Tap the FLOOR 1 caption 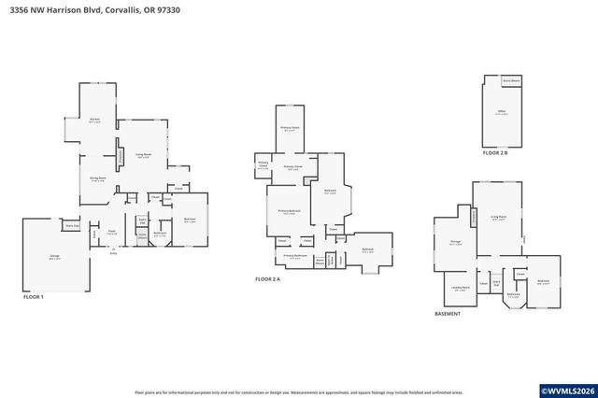[35, 296]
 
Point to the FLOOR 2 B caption [495, 151]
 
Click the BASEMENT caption [448, 314]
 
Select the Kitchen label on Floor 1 [94, 120]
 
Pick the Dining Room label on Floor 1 [97, 178]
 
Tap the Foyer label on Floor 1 [110, 232]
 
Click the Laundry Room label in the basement [459, 288]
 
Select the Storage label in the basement [455, 241]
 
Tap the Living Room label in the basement [499, 216]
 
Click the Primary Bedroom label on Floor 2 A [288, 212]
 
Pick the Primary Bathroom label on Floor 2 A [295, 255]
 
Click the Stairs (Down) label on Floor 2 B [512, 81]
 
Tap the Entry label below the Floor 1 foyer [113, 252]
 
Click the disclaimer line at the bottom [298, 392]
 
